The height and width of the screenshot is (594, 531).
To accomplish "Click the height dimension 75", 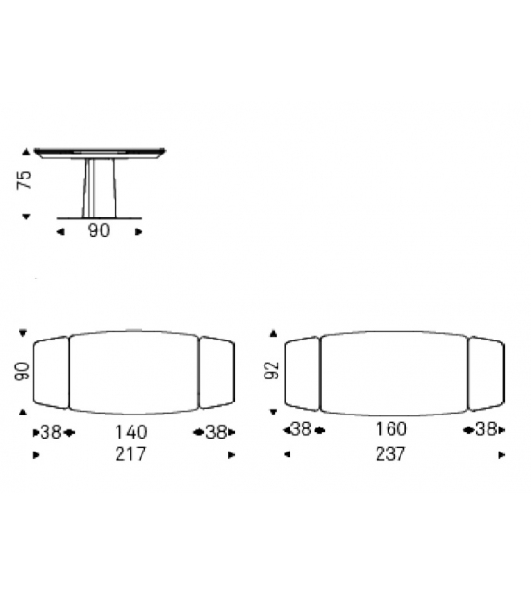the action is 23,179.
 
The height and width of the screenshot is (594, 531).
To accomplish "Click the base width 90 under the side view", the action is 99,230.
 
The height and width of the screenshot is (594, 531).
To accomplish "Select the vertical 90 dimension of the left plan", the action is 21,371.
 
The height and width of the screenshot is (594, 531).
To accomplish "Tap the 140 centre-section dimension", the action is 131,432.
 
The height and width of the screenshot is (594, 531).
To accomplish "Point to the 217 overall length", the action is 130,454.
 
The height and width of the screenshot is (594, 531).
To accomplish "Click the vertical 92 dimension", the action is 272,370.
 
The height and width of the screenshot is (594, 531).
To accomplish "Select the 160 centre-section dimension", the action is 391,429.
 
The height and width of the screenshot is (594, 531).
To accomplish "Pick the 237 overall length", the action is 390,454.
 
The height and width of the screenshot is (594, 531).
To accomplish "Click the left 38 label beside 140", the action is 51,432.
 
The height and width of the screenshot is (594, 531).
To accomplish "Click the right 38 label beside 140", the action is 216,432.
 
